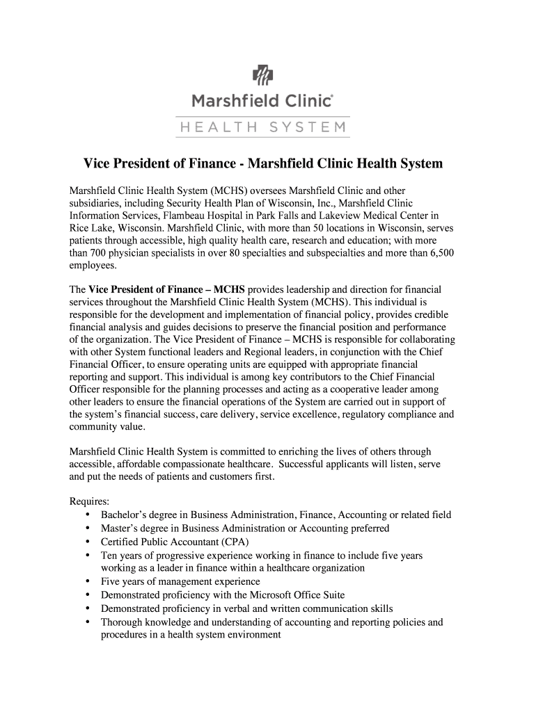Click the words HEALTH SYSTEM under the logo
[262, 127]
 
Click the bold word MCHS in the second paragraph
[229, 289]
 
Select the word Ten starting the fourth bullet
[109, 555]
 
